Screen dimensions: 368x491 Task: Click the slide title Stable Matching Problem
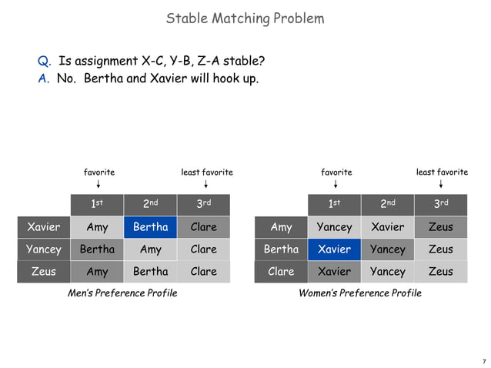coord(245,18)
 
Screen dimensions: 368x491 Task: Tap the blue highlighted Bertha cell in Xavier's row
coord(150,227)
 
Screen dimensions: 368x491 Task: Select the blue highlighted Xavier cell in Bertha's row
coord(334,249)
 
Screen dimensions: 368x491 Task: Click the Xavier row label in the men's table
coord(43,227)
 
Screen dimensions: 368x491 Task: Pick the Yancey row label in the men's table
coord(43,249)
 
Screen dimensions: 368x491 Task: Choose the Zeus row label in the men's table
coord(43,271)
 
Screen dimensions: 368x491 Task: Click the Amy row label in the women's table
coord(281,227)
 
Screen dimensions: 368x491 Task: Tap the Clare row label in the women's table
coord(281,271)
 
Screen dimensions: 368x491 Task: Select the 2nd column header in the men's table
coord(150,205)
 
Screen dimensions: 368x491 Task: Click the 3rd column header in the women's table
coord(440,205)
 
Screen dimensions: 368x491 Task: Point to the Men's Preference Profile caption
coord(122,293)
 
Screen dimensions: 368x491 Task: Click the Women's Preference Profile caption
coord(359,293)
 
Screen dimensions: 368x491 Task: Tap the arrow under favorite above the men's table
coord(99,185)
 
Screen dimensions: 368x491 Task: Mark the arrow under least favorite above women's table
coord(441,185)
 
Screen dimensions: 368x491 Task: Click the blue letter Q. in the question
coord(45,62)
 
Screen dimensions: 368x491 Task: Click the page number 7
coord(483,360)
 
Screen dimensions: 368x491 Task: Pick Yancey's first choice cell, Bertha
coord(97,249)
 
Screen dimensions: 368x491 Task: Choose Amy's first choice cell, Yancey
coord(334,227)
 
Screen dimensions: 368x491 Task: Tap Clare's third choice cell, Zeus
coord(440,271)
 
